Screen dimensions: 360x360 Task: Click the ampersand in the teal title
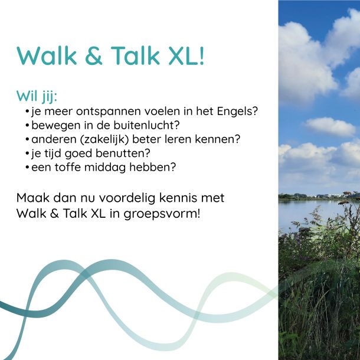(93, 56)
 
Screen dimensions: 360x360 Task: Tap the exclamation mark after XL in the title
(202, 55)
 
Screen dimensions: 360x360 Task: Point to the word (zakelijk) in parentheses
(104, 140)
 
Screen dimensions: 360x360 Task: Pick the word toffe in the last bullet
(68, 167)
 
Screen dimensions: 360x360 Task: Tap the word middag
(105, 168)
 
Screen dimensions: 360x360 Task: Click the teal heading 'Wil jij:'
(37, 96)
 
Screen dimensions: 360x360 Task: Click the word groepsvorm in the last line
(160, 214)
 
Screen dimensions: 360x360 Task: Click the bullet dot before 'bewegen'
(27, 126)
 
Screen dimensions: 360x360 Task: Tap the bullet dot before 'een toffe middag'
(27, 168)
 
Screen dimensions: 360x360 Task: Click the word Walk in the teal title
(47, 56)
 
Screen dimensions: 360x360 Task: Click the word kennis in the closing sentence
(178, 198)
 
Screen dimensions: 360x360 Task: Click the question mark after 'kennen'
(237, 139)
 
